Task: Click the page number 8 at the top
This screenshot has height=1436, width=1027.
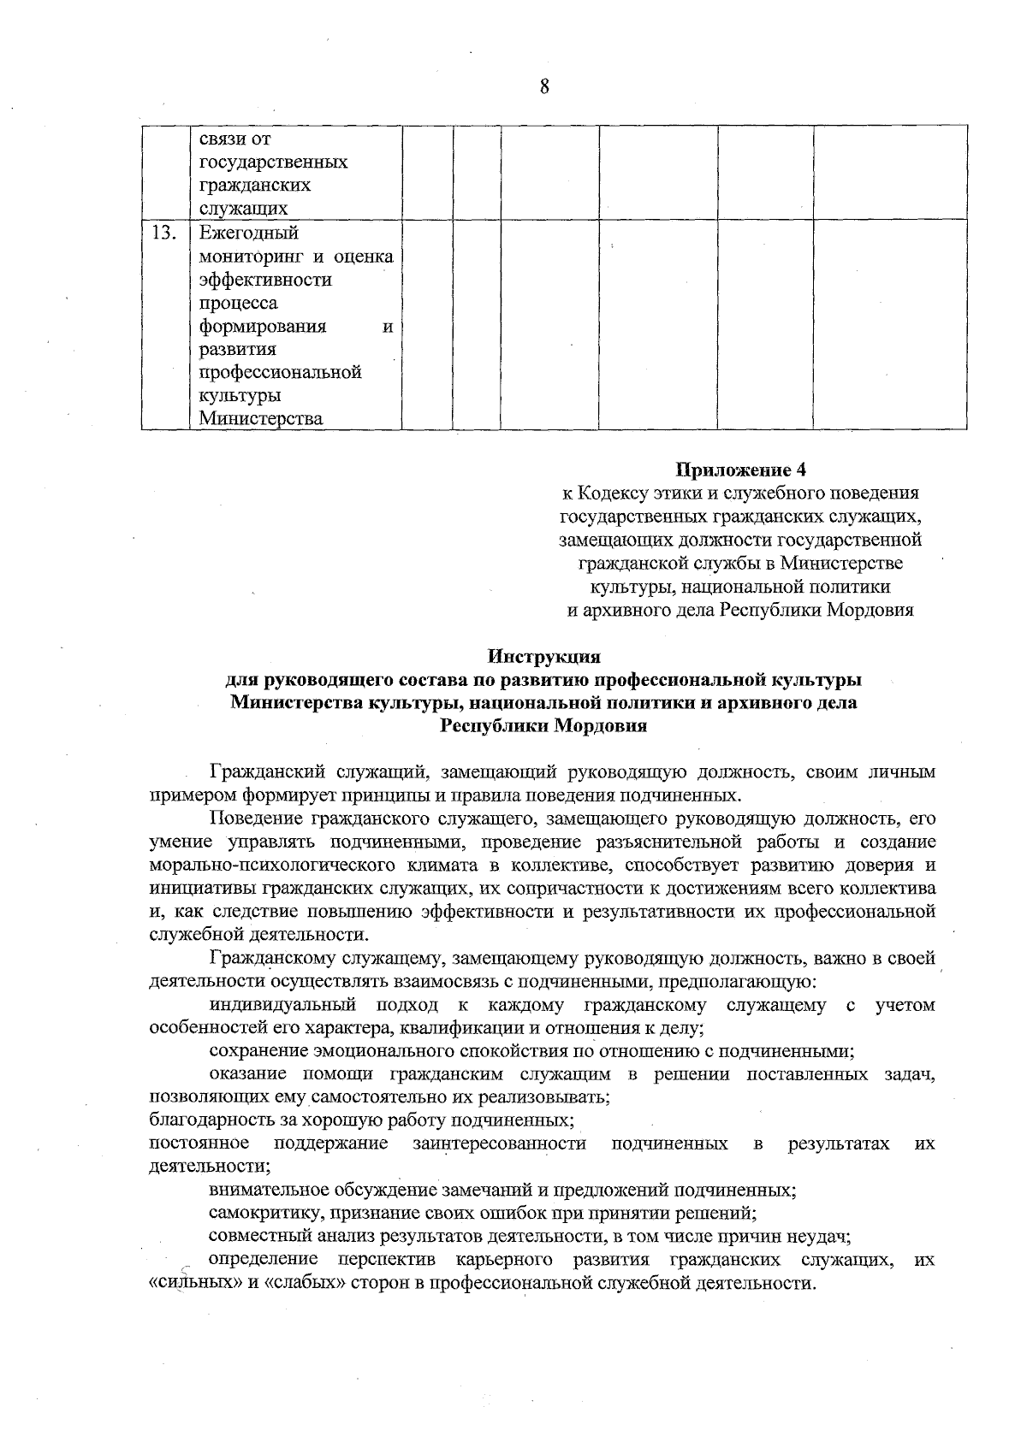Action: tap(544, 86)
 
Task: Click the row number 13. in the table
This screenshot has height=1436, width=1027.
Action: tap(163, 233)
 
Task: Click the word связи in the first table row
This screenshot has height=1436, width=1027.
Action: tap(223, 139)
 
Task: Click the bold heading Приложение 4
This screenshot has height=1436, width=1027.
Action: tap(741, 470)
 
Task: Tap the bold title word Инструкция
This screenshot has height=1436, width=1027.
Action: tap(544, 657)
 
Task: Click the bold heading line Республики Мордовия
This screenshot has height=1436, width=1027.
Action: tap(543, 727)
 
